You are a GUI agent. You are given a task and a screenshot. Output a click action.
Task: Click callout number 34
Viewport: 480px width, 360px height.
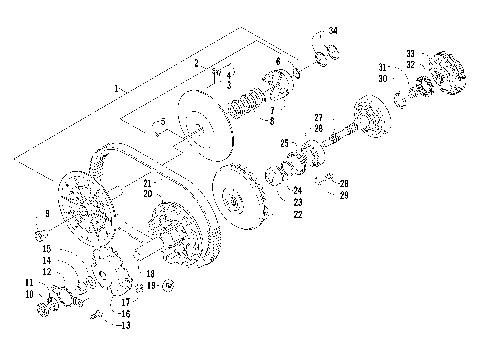coord(333,32)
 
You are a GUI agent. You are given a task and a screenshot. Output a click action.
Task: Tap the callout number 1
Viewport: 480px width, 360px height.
coord(117,89)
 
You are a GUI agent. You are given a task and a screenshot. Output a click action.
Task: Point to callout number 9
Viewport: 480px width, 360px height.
coord(46,214)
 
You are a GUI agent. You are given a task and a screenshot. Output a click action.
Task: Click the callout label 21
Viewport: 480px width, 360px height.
coord(147,184)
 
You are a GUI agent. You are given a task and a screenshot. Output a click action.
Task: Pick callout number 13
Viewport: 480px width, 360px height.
coord(125,326)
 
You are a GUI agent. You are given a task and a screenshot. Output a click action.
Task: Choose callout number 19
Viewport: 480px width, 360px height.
coord(150,285)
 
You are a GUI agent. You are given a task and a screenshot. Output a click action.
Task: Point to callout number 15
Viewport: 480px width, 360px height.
coord(46,247)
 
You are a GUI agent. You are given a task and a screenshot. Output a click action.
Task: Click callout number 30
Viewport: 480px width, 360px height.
coord(383,76)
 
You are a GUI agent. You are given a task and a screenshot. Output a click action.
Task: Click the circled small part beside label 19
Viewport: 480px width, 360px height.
coord(168,286)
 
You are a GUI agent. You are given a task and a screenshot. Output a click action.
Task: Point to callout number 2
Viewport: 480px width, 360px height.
coord(197,63)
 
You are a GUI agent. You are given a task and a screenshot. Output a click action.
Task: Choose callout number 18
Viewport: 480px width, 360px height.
coord(150,272)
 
